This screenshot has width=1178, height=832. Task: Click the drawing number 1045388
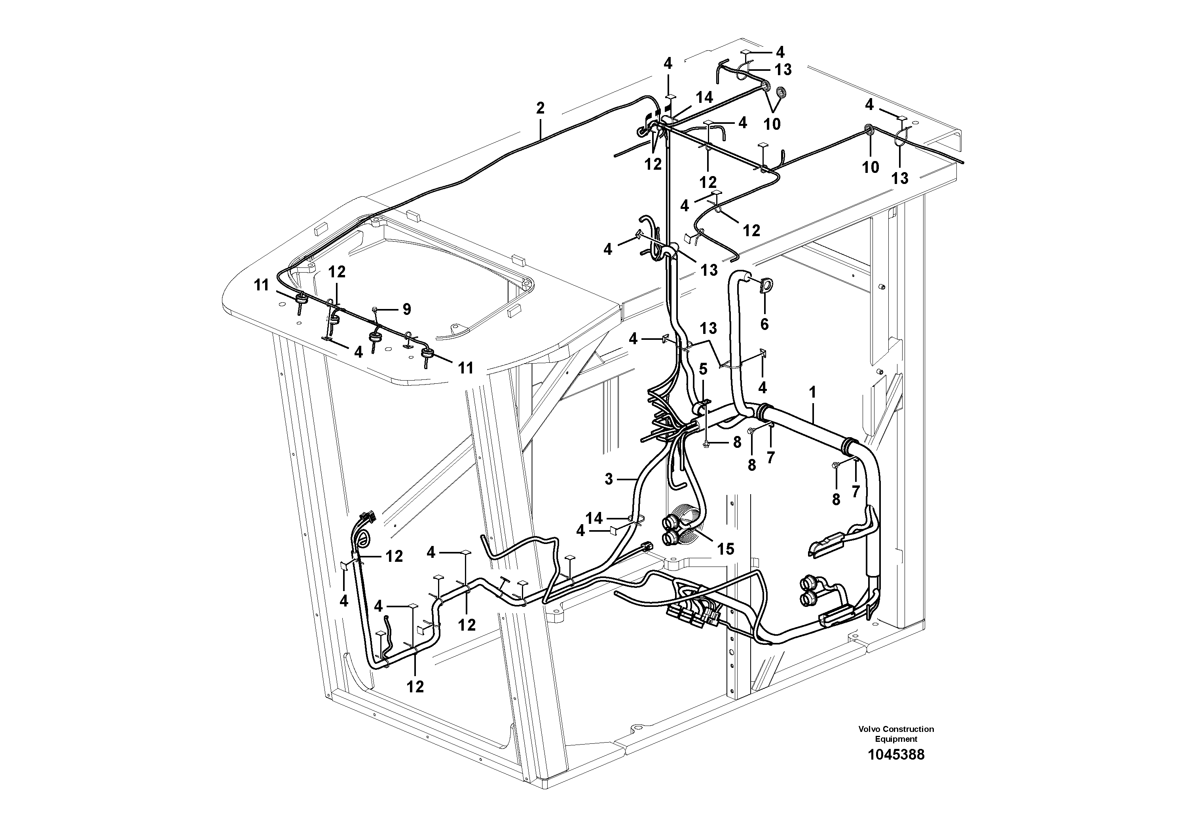(896, 754)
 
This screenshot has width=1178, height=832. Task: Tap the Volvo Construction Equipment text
(896, 733)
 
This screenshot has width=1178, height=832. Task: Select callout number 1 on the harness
(812, 393)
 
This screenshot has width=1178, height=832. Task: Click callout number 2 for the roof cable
(540, 108)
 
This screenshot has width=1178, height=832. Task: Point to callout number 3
(609, 479)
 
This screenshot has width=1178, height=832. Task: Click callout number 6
(764, 324)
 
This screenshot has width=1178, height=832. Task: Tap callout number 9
(406, 309)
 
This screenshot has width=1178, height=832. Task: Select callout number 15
(725, 549)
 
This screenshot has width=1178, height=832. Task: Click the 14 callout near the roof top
(704, 97)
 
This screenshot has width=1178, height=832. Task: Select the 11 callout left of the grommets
(262, 285)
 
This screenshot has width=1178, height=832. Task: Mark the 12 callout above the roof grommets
(337, 272)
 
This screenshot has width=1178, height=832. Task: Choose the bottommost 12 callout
(415, 686)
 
